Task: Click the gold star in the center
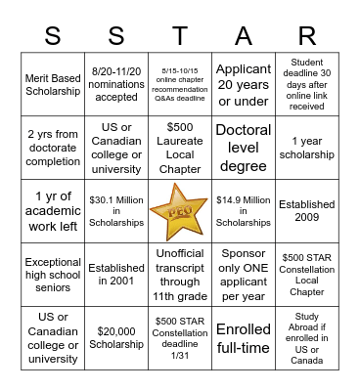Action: [x=179, y=212]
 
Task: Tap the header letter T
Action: [x=179, y=36]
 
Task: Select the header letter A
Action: [x=243, y=36]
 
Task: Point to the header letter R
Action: [x=306, y=36]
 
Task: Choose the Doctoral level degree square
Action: [x=243, y=148]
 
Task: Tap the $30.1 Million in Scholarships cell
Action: [x=116, y=212]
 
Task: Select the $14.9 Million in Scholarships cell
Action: [x=243, y=212]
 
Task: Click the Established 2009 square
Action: [x=306, y=212]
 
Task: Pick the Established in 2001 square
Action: [x=116, y=276]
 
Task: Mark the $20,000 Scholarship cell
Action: [x=116, y=339]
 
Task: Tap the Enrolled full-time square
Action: [x=243, y=339]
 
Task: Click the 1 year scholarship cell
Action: [x=306, y=148]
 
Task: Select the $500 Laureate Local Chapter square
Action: [x=179, y=148]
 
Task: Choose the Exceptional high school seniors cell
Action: [x=53, y=276]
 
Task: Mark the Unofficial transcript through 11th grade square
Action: [x=179, y=276]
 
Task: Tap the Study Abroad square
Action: [x=306, y=339]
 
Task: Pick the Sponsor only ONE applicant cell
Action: [x=243, y=276]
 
